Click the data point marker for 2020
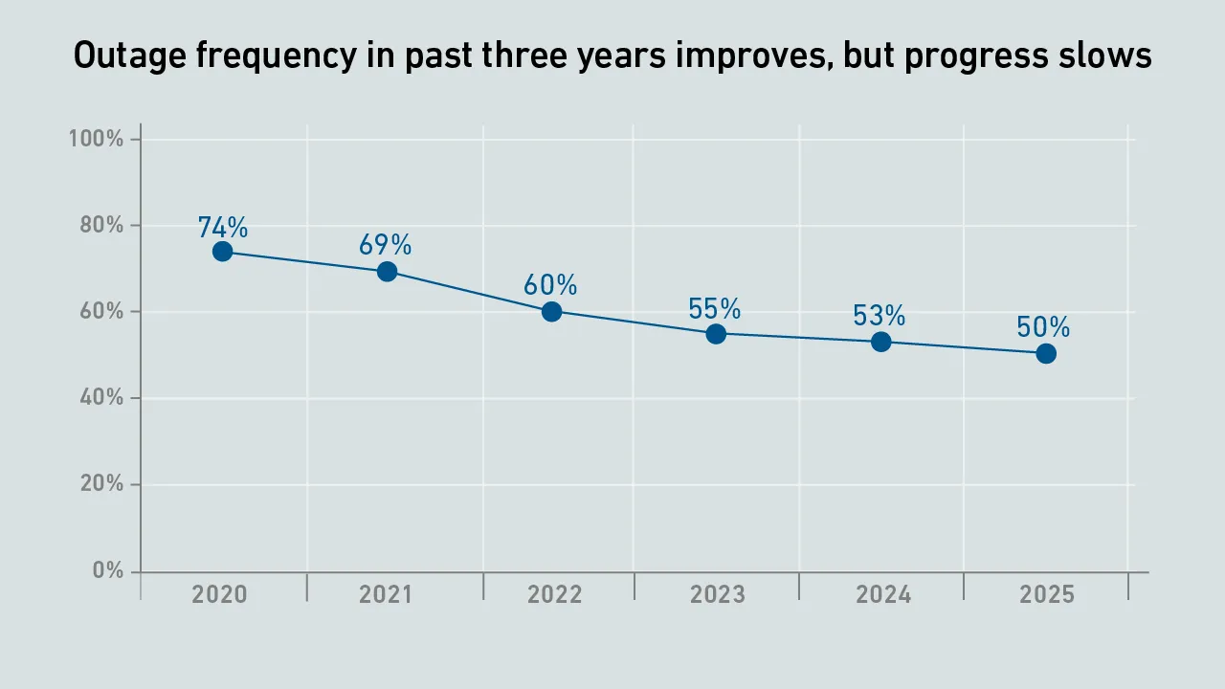pos(223,252)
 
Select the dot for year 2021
pos(388,271)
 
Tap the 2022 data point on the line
pos(552,312)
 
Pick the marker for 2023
pos(716,334)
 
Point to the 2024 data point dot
pos(881,343)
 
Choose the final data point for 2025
pos(1046,354)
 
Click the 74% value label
pos(223,227)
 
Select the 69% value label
pos(385,244)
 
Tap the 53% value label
pos(880,316)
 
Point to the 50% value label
pos(1043,327)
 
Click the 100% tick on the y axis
pos(96,139)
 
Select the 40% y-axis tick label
pos(101,397)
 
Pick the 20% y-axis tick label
pos(101,483)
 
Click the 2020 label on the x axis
pos(219,594)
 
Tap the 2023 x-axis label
pos(718,594)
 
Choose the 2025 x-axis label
pos(1047,594)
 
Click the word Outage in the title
pos(130,56)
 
